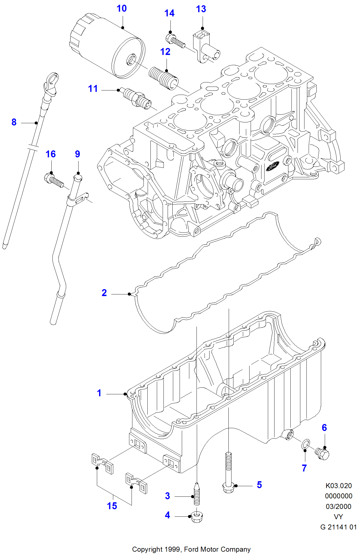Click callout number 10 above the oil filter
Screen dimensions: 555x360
coord(122,9)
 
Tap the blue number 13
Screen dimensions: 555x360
coord(201,9)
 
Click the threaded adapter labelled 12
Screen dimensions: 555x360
coord(164,78)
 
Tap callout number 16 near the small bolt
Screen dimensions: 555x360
coord(51,154)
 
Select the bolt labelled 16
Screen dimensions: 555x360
coord(53,180)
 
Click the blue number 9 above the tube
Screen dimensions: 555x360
coord(77,154)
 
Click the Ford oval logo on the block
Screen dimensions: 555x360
coord(272,167)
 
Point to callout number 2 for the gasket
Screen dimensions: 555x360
coord(104,293)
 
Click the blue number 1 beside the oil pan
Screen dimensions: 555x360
coord(99,393)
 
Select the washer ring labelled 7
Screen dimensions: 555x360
coord(305,444)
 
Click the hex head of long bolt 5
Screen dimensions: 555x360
coord(228,488)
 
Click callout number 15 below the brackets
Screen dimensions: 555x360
coord(112,506)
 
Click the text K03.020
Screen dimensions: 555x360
coord(338,486)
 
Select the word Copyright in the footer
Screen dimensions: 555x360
coord(147,549)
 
